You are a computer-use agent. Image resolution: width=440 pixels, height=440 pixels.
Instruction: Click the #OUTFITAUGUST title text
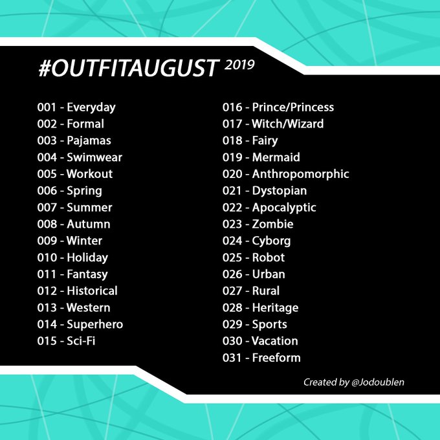(x=128, y=68)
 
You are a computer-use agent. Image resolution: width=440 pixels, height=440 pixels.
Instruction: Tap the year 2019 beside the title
(x=239, y=65)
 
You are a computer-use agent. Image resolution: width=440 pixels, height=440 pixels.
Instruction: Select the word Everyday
(x=91, y=108)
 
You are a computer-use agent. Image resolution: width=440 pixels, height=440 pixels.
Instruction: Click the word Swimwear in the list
(x=94, y=157)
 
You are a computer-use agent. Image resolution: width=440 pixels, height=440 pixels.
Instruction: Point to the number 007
(x=47, y=208)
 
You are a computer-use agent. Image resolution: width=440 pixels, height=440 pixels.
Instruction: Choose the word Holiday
(x=87, y=258)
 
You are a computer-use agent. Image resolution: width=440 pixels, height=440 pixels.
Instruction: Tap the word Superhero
(x=95, y=325)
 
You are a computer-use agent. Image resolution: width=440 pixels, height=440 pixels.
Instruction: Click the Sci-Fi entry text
(x=81, y=341)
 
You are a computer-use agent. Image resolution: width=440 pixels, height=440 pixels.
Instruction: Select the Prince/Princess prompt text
(x=293, y=107)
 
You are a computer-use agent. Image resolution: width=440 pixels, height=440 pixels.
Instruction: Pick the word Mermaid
(x=276, y=157)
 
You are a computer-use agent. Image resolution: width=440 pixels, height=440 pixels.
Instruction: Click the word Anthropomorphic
(x=300, y=174)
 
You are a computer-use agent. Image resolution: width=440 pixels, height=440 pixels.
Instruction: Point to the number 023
(x=232, y=225)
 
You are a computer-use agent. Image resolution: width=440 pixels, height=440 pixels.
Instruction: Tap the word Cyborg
(x=271, y=241)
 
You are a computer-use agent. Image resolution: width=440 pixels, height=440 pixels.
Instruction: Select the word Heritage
(x=275, y=308)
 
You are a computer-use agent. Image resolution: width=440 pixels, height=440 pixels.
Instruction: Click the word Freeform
(x=276, y=358)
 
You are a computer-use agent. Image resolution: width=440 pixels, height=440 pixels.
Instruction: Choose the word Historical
(x=92, y=291)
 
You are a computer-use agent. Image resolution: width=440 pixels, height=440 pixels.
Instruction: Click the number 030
(x=232, y=341)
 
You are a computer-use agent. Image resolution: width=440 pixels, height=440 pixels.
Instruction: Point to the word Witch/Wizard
(x=288, y=124)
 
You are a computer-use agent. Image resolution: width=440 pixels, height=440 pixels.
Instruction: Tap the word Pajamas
(x=89, y=141)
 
